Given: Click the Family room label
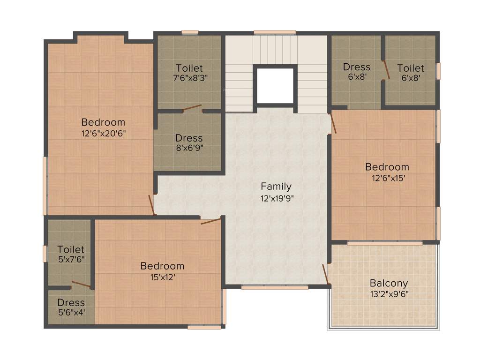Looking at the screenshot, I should point(276,186).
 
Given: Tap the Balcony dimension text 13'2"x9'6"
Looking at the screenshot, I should point(389,294).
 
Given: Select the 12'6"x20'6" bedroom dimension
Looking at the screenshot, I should point(103,133).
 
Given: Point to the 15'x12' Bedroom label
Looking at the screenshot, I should point(162,266).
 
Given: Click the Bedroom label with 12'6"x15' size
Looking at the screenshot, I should point(387,167).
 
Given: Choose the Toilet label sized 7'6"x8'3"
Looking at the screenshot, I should point(189,68).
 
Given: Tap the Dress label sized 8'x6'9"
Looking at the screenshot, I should point(189,138).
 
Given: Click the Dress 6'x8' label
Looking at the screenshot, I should point(356,67).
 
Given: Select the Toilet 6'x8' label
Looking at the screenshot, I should point(411,68).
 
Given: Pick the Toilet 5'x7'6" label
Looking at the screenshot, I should point(71,249).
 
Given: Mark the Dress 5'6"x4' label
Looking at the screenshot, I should point(71,302).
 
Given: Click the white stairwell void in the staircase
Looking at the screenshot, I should point(275,86).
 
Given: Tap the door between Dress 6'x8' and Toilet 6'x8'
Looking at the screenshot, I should point(386,69).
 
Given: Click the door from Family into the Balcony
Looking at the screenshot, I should point(326,274).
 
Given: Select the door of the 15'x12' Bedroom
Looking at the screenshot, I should point(210,221).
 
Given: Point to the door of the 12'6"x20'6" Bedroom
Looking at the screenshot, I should point(151,205).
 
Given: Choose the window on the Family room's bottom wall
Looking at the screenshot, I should point(275,287).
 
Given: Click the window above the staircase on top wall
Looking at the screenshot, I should point(275,32).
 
